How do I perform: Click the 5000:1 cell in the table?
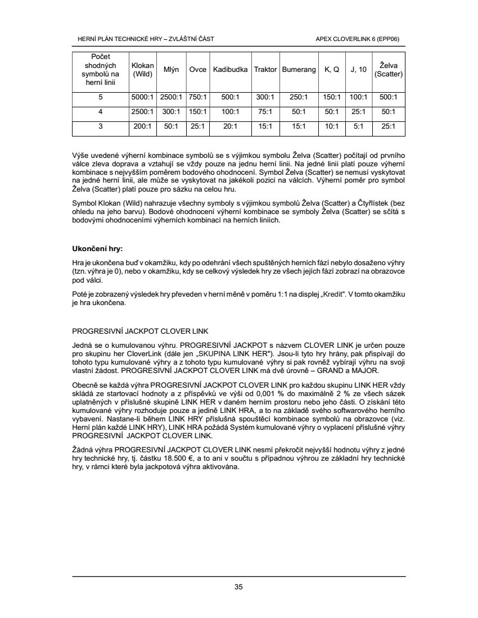pyautogui.click(x=142, y=97)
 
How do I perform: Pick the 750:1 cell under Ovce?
pyautogui.click(x=197, y=97)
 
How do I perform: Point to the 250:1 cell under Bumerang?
pyautogui.click(x=299, y=97)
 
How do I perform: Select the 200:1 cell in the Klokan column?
pyautogui.click(x=142, y=126)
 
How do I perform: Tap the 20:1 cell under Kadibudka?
pyautogui.click(x=231, y=126)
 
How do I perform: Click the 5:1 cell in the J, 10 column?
pyautogui.click(x=358, y=126)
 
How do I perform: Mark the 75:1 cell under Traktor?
pyautogui.click(x=265, y=111)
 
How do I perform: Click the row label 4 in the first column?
pyautogui.click(x=100, y=111)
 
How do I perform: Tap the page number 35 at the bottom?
pyautogui.click(x=238, y=587)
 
